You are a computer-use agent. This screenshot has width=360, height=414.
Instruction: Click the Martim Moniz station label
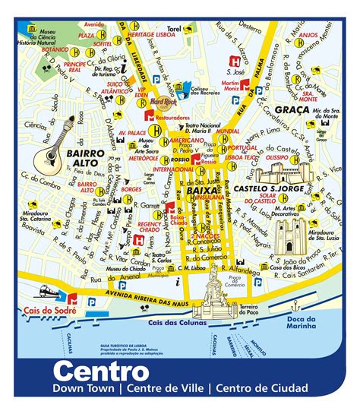230,84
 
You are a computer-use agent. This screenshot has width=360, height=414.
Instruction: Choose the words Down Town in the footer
82,389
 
